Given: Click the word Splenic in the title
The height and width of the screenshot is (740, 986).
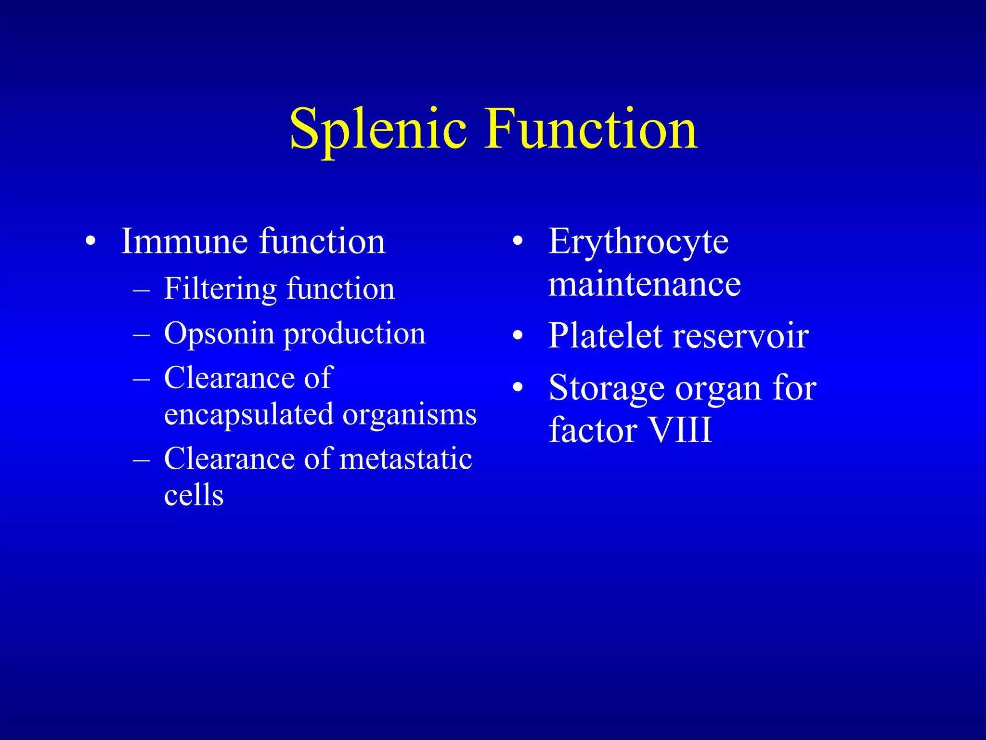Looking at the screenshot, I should pos(378,129).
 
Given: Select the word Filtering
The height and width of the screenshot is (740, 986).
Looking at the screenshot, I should pos(220,289).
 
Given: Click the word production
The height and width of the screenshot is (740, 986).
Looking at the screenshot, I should pos(355,334).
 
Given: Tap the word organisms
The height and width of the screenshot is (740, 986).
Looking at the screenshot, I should pos(409,414).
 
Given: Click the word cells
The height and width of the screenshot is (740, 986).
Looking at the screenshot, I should pos(194,495).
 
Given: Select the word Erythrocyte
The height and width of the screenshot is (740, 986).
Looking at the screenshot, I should pos(638,242).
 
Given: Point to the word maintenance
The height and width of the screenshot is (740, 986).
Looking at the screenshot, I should pos(644,284).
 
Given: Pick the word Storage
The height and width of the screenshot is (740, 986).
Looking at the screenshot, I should pos(607,388).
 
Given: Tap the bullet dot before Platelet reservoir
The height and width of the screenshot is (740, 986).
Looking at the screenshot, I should pos(518,335).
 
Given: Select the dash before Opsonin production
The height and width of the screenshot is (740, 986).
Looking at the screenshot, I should pos(141,334).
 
